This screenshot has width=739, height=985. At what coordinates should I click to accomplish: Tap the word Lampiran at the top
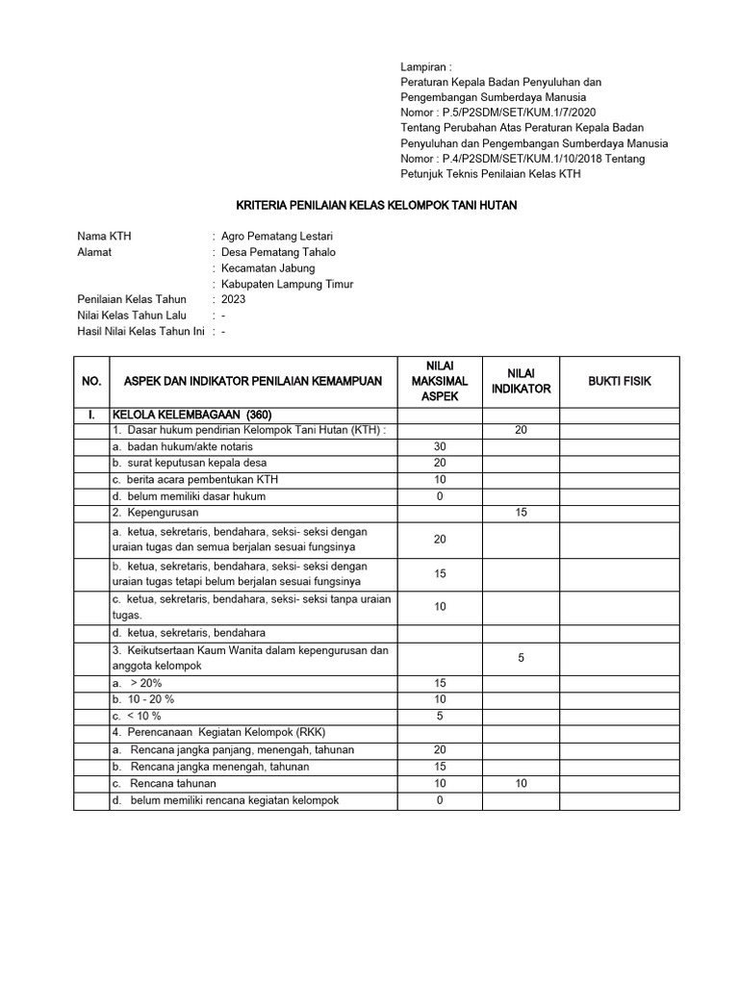pyautogui.click(x=424, y=66)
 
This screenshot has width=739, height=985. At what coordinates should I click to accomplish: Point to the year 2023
pyautogui.click(x=233, y=299)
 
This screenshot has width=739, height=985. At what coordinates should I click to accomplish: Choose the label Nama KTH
pyautogui.click(x=103, y=237)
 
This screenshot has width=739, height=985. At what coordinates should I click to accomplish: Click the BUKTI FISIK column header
pyautogui.click(x=620, y=382)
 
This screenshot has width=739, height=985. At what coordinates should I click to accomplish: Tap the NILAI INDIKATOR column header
pyautogui.click(x=521, y=381)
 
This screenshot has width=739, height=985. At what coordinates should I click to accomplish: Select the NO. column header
pyautogui.click(x=91, y=382)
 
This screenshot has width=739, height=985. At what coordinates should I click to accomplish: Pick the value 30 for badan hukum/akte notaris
pyautogui.click(x=440, y=447)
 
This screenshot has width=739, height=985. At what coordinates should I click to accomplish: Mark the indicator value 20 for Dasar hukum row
pyautogui.click(x=521, y=431)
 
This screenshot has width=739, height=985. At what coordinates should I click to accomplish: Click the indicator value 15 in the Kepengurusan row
pyautogui.click(x=521, y=514)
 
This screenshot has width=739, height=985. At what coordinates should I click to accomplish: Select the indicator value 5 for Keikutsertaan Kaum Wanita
pyautogui.click(x=521, y=658)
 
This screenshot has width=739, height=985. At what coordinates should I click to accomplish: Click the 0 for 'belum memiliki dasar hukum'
pyautogui.click(x=440, y=496)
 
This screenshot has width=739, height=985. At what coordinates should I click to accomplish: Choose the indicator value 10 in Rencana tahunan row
pyautogui.click(x=521, y=784)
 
